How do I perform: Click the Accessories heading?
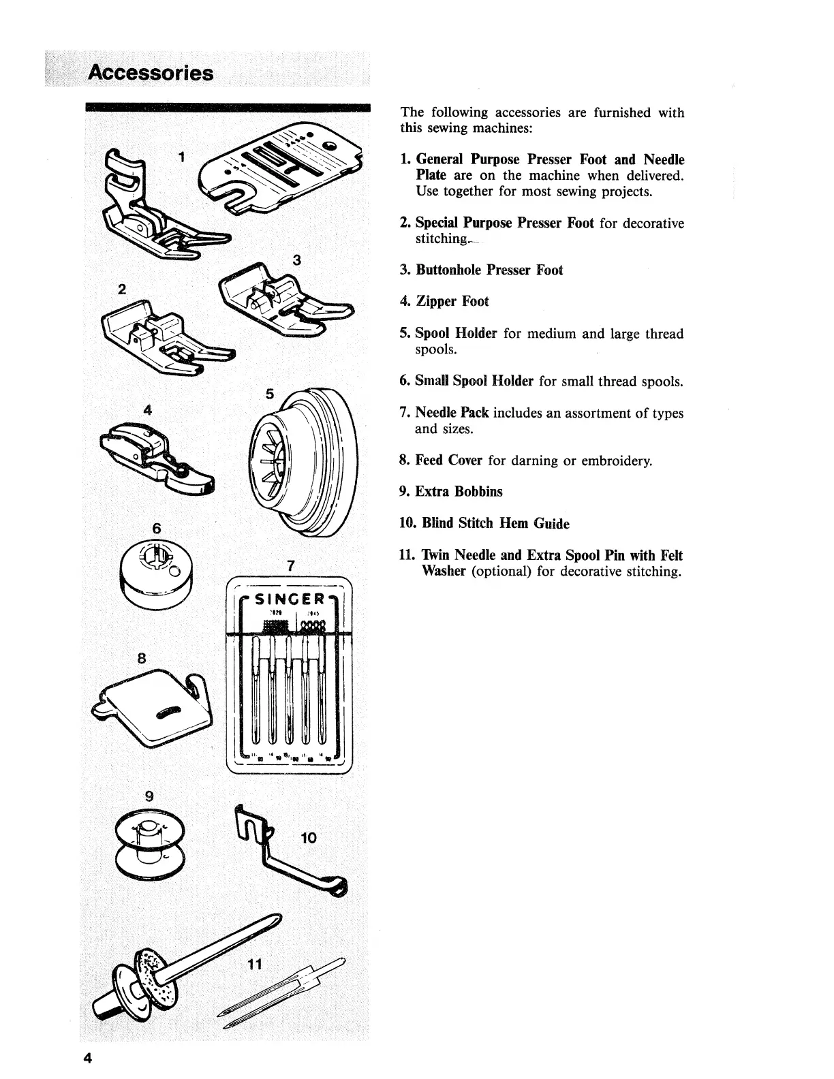coord(152,73)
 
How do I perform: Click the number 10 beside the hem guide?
coord(308,837)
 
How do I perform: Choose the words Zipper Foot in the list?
coord(452,301)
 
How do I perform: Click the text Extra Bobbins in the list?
coord(459,491)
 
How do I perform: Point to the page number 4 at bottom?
coord(87,1058)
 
